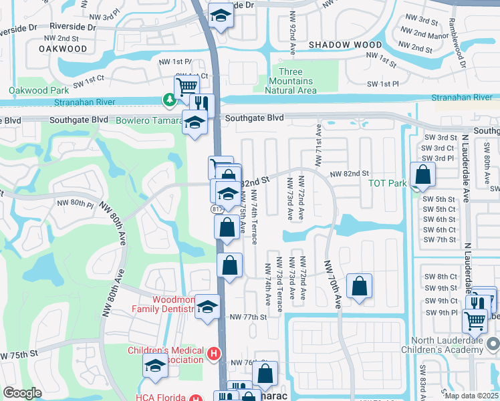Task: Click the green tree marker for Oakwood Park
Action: coord(170,100)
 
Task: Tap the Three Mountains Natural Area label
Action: coord(290,81)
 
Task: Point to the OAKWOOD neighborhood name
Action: coord(63,49)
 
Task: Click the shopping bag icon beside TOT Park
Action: coord(423,175)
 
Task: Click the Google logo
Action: coord(23,393)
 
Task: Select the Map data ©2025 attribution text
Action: coord(471,396)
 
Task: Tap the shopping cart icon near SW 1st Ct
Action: coord(186,86)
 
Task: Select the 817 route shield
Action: coord(217,209)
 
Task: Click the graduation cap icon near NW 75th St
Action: coord(155,366)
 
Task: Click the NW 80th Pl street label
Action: coord(75,203)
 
